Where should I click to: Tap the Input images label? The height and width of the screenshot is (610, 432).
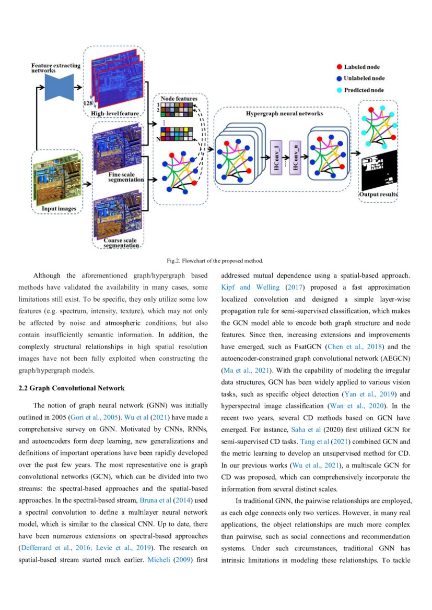(x=59, y=209)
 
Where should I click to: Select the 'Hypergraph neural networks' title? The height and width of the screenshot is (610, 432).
(x=285, y=113)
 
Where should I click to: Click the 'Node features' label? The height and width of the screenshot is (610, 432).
(x=179, y=99)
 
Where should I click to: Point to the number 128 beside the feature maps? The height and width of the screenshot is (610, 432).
(x=88, y=103)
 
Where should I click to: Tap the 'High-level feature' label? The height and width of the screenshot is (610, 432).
(x=115, y=113)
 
